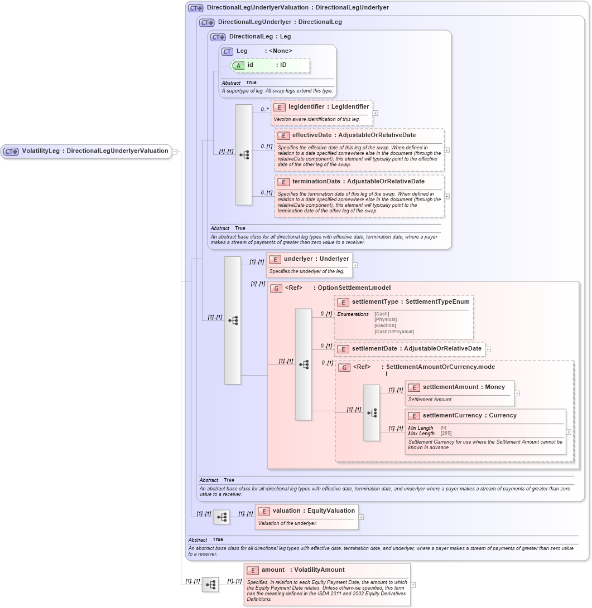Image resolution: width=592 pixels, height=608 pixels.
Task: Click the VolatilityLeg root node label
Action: tap(95, 151)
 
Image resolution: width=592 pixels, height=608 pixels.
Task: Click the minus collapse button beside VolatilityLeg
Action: tap(175, 151)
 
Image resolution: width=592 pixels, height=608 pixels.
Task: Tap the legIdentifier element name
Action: tap(306, 106)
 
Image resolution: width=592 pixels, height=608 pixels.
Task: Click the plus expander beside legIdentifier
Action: tap(376, 113)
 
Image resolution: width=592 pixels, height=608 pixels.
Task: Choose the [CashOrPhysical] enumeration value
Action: tap(394, 332)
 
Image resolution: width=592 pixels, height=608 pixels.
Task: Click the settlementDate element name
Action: tap(375, 349)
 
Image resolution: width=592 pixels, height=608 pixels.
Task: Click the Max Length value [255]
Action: tap(446, 433)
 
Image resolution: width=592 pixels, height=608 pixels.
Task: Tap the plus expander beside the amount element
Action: tap(413, 585)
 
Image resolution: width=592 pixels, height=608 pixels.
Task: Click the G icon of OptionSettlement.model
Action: tap(276, 288)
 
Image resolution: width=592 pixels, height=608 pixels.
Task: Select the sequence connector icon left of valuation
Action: tap(222, 517)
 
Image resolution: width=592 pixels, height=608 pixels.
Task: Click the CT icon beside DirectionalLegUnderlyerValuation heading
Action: tap(196, 8)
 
